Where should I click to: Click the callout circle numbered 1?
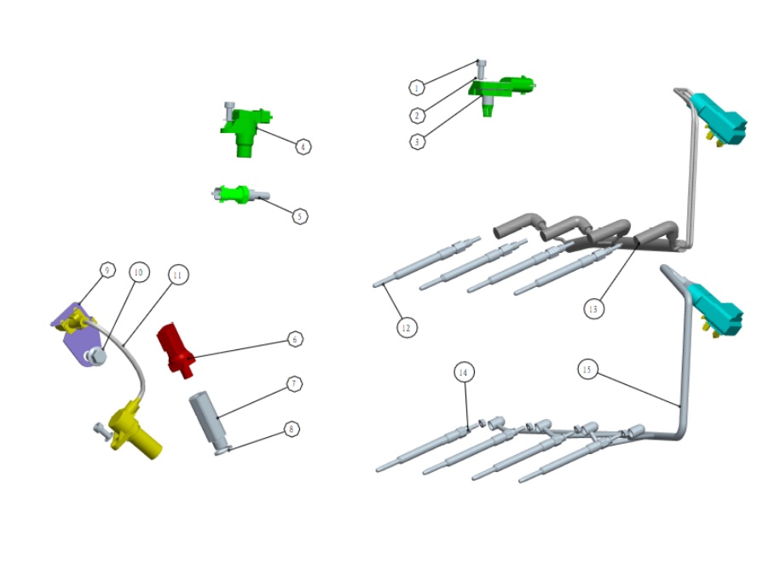coord(416,87)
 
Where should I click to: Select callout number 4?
coord(303,147)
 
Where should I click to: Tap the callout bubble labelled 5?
coord(299,216)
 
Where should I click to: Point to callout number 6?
coord(294,339)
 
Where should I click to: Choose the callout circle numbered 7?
coord(293,384)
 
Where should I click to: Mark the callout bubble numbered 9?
coord(107,271)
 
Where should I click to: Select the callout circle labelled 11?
coord(177,274)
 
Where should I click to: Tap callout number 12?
coord(406,326)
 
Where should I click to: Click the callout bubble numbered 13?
coord(594,308)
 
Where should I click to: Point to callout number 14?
coord(463,372)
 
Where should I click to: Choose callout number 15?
coord(586,370)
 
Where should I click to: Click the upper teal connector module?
coord(723,119)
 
